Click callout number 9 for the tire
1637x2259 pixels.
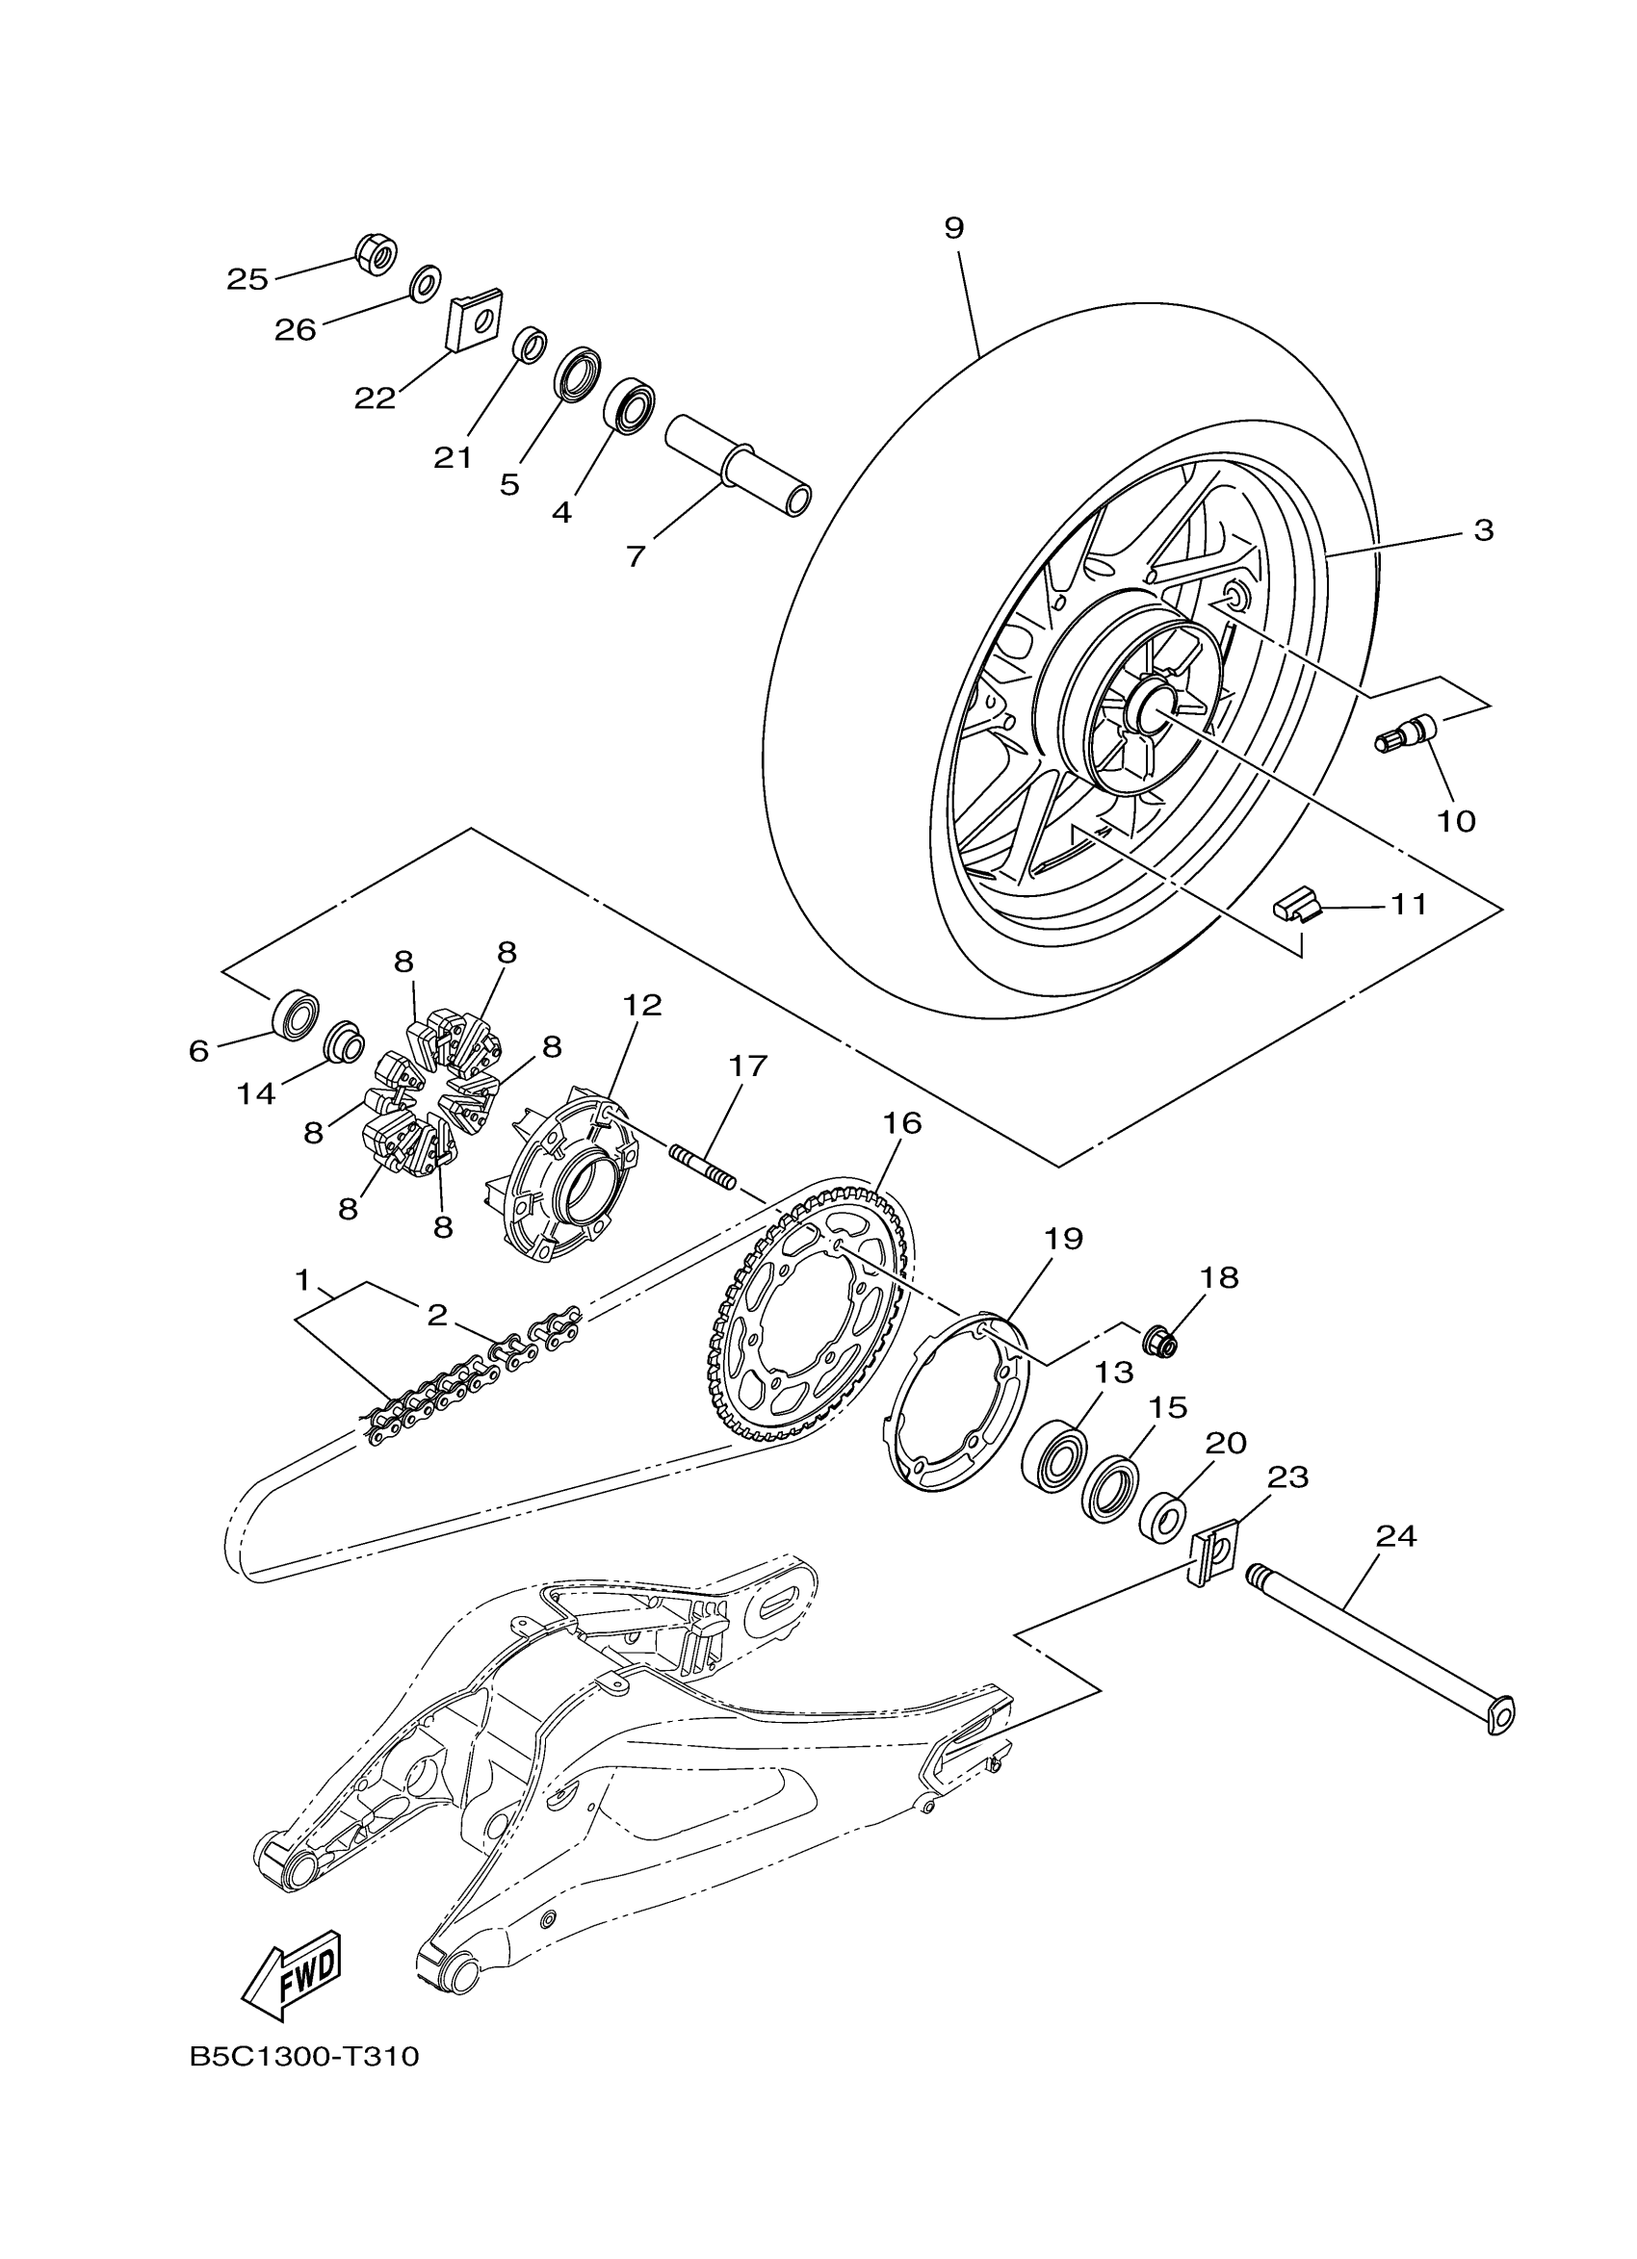pos(953,228)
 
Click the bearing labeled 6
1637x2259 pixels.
pos(295,1013)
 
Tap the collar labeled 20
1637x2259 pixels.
pos(1161,1517)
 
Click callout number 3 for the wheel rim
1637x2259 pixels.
pos(1484,531)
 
